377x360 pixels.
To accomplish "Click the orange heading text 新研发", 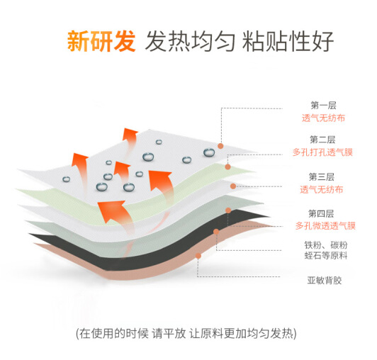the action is point(101,41).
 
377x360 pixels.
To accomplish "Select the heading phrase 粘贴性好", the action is point(288,41).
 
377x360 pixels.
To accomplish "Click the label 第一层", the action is point(323,106).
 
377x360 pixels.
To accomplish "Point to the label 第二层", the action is point(322,140).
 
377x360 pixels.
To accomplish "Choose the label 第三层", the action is point(322,177).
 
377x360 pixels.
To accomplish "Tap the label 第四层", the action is point(321,213).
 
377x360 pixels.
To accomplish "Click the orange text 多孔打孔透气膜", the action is point(322,152).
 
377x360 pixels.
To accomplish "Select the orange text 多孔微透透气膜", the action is point(325,226).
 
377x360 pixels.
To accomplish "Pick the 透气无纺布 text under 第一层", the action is point(323,118).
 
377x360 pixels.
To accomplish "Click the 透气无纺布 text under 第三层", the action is point(322,190).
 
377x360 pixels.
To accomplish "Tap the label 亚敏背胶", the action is point(325,281).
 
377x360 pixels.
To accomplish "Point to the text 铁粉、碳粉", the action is point(326,245).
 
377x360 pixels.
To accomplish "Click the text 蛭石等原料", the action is point(326,255).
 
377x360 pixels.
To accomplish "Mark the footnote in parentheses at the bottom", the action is point(186,334).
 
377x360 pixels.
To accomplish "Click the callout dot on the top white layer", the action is point(220,146).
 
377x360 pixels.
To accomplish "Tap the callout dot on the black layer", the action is point(216,232).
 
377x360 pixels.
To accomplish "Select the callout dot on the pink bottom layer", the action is point(198,256).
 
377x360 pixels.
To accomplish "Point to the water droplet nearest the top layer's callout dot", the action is point(209,152).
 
